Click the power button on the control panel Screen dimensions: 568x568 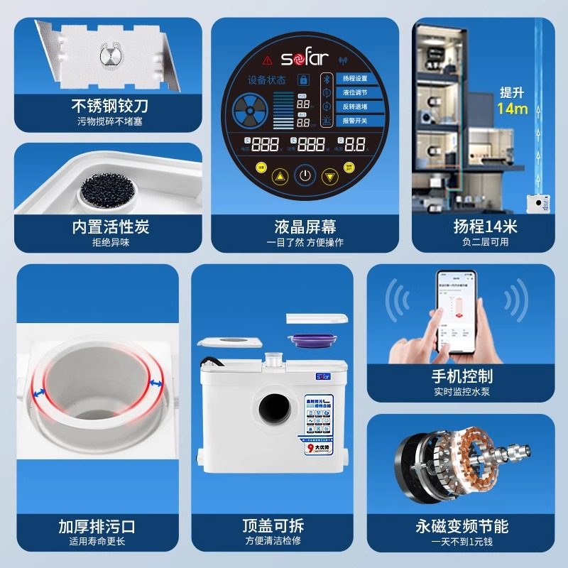(x=305, y=175)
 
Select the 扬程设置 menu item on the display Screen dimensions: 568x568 (x=354, y=79)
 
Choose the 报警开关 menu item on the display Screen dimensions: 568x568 (x=354, y=121)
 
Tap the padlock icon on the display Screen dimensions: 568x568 (x=304, y=80)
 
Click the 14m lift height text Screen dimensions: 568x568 (x=512, y=109)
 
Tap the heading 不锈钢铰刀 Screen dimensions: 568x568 (x=111, y=106)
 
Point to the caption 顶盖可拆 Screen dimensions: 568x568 (x=273, y=526)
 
